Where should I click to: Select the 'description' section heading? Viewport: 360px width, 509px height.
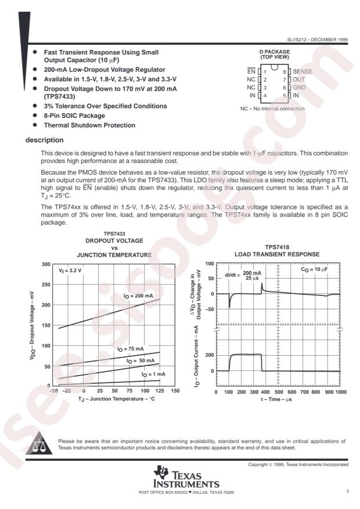click(45, 139)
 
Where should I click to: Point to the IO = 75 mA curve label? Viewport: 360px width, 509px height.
click(130, 349)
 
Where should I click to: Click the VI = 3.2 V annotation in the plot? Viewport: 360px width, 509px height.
click(70, 271)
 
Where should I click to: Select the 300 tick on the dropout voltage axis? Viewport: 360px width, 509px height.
click(45, 264)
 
